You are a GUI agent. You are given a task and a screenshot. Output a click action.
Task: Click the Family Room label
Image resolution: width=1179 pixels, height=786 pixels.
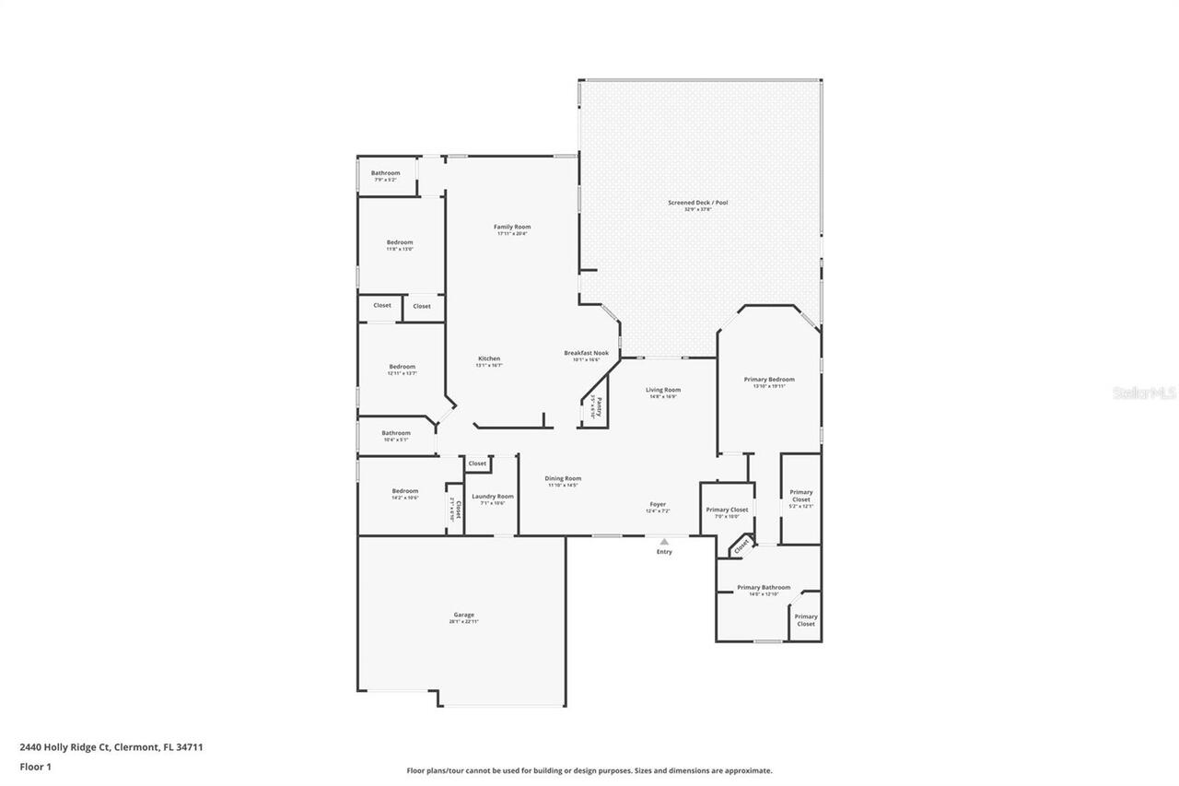pos(512,227)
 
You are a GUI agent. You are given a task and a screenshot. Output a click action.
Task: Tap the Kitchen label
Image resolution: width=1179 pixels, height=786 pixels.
pos(489,358)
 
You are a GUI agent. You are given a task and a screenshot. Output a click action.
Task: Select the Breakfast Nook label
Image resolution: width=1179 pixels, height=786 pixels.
pos(587,353)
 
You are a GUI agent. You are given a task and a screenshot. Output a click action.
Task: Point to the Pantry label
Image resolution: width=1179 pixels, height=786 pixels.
pos(598,405)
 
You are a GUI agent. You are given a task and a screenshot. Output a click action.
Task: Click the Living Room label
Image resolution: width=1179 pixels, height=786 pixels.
pos(663,390)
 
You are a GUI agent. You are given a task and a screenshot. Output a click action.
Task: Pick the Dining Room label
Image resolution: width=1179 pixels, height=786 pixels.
pos(563,478)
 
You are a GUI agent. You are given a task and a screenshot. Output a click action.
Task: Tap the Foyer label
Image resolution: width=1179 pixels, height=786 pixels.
pos(658,504)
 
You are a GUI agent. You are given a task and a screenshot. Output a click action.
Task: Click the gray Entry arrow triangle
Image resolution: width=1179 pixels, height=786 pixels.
pos(664,542)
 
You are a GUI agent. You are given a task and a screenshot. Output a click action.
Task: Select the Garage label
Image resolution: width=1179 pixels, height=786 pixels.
pos(463,615)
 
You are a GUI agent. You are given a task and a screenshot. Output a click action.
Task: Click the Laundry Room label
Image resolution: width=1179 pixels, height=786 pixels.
pos(493,497)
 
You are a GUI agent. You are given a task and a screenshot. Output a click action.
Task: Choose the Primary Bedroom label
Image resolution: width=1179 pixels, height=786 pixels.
pos(769,380)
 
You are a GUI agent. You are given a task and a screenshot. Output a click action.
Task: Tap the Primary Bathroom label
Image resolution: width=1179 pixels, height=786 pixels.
pos(764,587)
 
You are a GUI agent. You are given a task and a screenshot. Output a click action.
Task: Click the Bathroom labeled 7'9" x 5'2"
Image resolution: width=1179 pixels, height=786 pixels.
pos(386,173)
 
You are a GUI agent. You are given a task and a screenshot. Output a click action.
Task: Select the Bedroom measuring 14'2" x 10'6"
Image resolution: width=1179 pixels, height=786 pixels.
pos(405,491)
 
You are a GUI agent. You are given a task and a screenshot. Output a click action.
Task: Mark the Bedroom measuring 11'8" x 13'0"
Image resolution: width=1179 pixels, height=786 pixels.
pos(400,242)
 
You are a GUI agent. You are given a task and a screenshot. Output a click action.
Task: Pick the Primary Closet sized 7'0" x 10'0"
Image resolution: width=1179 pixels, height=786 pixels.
pos(727,510)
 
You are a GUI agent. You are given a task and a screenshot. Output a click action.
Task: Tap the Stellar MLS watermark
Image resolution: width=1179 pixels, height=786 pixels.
pos(1144,393)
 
